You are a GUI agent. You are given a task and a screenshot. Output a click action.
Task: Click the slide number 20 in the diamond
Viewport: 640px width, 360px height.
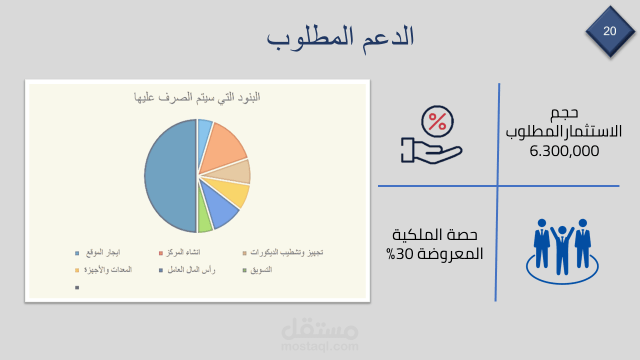609,31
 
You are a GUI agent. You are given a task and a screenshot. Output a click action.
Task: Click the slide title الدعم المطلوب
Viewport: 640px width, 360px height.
340,38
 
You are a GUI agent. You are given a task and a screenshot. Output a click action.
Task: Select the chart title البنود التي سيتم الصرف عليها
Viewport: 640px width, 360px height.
197,97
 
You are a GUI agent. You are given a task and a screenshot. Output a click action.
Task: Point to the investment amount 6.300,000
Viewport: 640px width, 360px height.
564,151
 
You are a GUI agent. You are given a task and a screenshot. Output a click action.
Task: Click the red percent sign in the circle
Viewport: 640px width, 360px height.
437,121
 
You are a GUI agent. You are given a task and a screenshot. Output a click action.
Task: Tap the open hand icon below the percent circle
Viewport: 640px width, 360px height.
431,150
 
